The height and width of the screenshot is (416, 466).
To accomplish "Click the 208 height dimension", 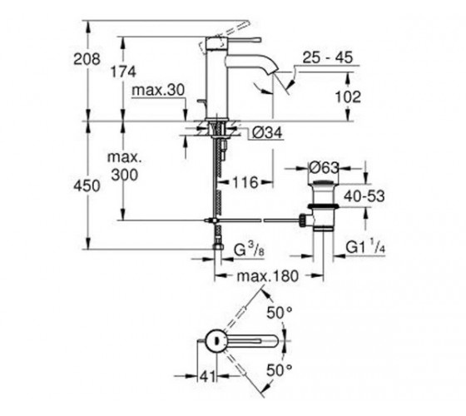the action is [x=87, y=59].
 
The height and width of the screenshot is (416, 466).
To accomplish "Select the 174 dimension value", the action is [x=123, y=72].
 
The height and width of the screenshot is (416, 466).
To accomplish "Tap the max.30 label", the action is [x=158, y=90].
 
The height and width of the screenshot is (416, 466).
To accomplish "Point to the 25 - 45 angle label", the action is [x=327, y=57].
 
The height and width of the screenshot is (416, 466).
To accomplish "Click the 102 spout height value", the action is [x=348, y=97].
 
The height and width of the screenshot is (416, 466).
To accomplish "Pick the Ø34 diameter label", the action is [x=267, y=132].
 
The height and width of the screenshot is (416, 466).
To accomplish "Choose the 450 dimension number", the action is [x=87, y=186].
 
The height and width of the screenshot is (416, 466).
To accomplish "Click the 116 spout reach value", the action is [x=245, y=182].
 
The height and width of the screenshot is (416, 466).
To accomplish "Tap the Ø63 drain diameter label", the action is [x=324, y=168].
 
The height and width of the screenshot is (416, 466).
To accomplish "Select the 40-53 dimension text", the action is [x=364, y=196].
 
